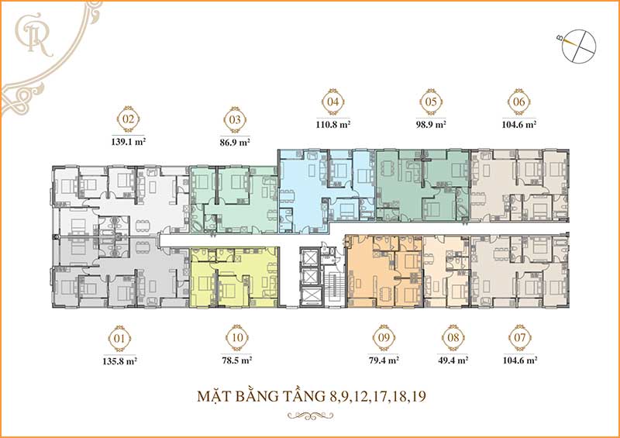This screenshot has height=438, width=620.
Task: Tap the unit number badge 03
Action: pyautogui.click(x=235, y=120)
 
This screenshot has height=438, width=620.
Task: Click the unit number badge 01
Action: pyautogui.click(x=119, y=339)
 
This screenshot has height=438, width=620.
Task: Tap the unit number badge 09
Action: pyautogui.click(x=383, y=339)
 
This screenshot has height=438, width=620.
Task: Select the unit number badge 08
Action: pyautogui.click(x=453, y=339)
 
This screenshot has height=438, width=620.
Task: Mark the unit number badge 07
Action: pyautogui.click(x=520, y=339)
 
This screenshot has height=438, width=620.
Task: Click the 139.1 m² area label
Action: pyautogui.click(x=129, y=143)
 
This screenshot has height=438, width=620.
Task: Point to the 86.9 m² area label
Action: pyautogui.click(x=235, y=143)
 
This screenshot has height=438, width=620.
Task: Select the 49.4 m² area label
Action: pyautogui.click(x=453, y=360)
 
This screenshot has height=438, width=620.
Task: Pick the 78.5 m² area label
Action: pyautogui.click(x=236, y=360)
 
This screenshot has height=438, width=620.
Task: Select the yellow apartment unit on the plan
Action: pyautogui.click(x=234, y=277)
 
